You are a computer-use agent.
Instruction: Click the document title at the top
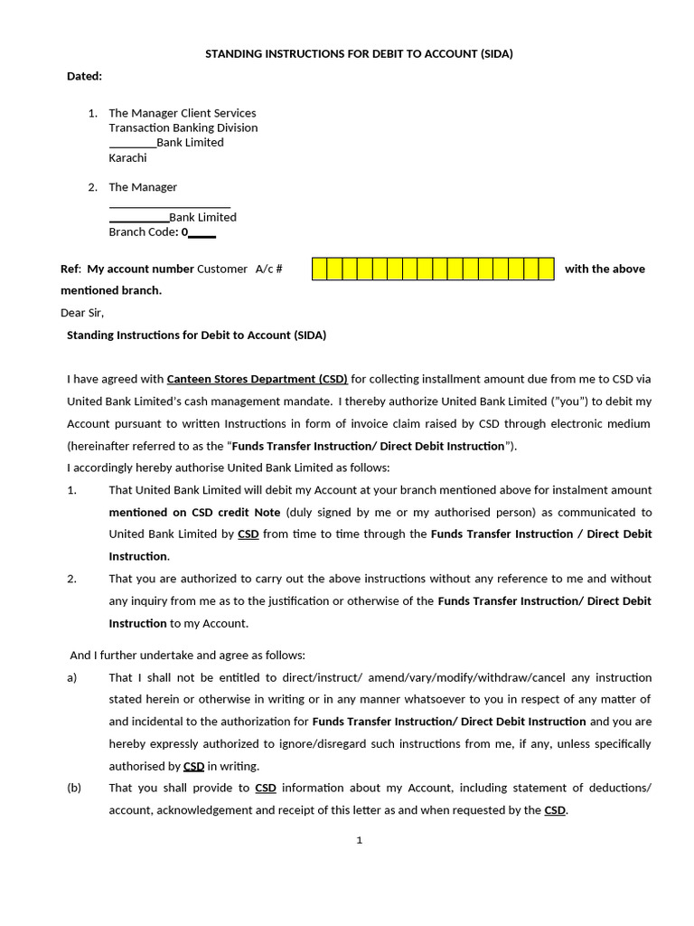(359, 54)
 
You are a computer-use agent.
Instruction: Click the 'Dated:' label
(84, 77)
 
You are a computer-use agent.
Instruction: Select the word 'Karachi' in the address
(127, 157)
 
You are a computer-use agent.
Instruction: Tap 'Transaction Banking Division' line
(183, 128)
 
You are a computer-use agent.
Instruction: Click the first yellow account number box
(320, 269)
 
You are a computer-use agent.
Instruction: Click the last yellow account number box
(546, 269)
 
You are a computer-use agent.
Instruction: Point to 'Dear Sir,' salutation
(82, 313)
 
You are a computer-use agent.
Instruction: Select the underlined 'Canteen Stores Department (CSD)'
(257, 379)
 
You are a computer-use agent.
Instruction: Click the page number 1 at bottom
(359, 840)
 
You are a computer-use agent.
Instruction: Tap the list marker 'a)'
(72, 677)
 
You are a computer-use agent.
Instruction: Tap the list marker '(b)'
(74, 788)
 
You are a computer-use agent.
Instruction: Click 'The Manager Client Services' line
(182, 113)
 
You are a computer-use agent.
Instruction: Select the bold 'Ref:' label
(70, 269)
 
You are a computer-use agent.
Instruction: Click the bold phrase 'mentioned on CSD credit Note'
(194, 512)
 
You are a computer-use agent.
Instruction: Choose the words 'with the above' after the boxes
(605, 269)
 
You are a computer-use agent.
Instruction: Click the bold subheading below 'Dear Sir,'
(196, 335)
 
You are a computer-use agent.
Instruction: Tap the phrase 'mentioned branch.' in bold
(111, 290)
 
